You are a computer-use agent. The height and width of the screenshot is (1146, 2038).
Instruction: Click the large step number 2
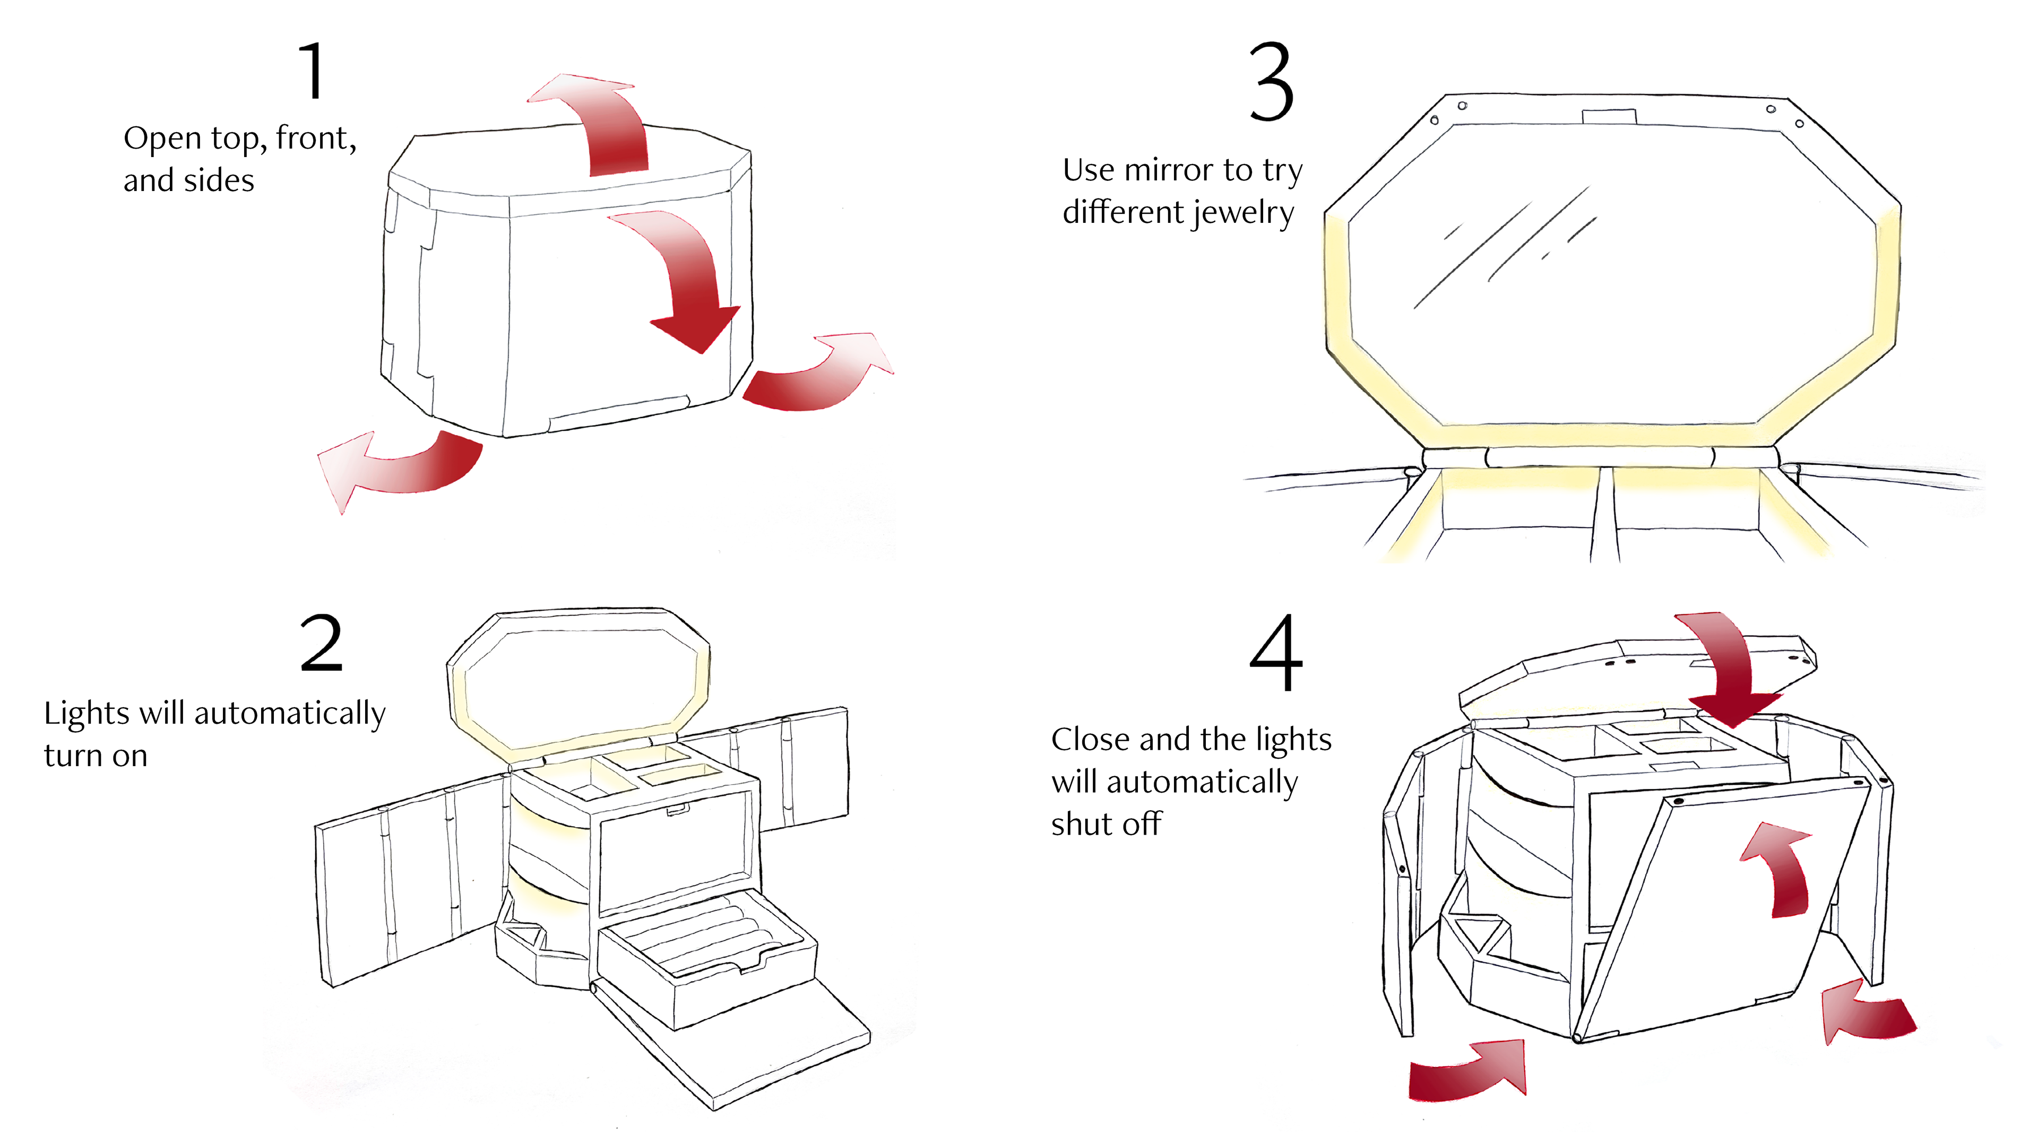[x=321, y=644]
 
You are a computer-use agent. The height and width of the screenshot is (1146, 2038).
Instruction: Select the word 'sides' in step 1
[x=220, y=181]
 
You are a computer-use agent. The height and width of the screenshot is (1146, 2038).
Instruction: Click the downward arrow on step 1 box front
[x=688, y=285]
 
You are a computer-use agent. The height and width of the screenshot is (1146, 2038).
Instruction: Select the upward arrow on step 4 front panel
[x=1780, y=870]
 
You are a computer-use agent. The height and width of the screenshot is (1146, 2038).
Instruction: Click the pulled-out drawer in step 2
[x=704, y=961]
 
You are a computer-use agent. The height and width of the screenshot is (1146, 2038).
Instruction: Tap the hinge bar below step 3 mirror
[x=1598, y=457]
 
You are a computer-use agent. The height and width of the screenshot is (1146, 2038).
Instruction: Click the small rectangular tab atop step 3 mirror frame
[x=1609, y=116]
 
